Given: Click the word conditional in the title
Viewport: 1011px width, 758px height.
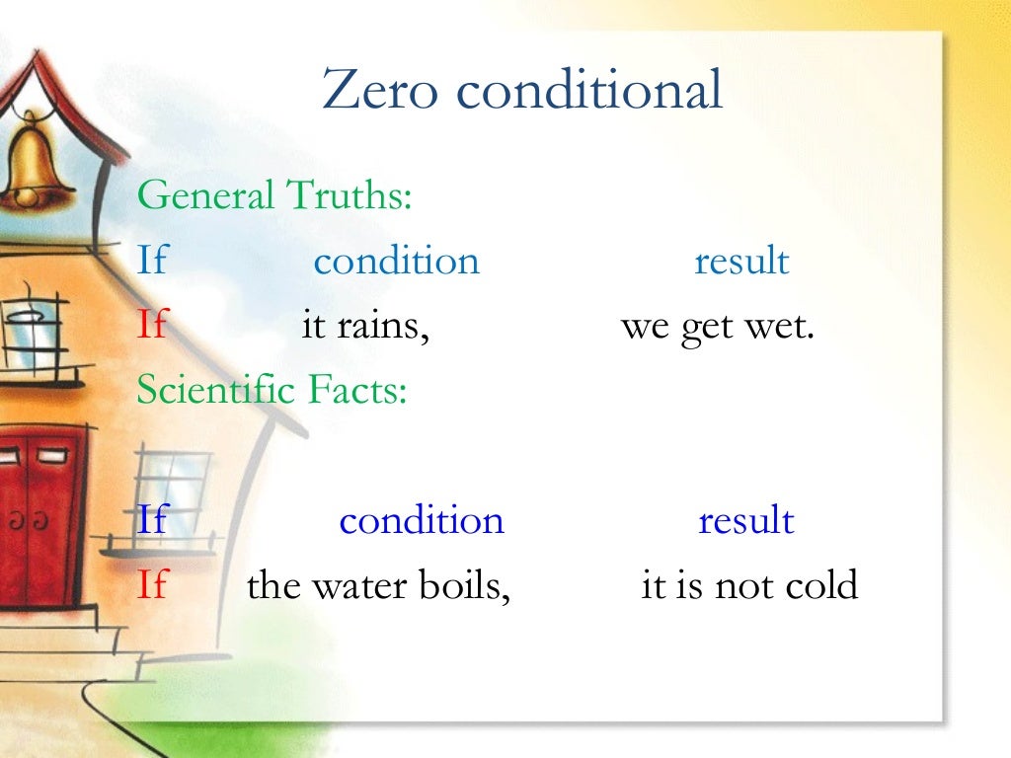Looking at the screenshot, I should [x=589, y=92].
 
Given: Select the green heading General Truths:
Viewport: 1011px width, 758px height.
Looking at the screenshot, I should [x=273, y=195].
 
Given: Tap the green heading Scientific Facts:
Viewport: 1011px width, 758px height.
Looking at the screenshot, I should [x=272, y=391].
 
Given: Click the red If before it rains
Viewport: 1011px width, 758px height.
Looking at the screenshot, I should [x=152, y=326].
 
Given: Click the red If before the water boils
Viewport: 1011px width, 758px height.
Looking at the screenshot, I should [x=152, y=586].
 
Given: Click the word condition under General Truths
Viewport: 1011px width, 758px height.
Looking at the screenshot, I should [x=396, y=262].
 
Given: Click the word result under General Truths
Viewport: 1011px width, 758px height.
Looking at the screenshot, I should [x=741, y=262].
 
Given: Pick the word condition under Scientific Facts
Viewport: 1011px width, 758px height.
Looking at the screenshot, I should [x=422, y=520].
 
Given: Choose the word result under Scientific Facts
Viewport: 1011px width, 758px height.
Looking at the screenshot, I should [x=745, y=520].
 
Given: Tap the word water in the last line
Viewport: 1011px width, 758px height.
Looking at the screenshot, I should [x=352, y=586].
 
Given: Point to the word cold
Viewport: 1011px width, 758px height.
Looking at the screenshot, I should [x=820, y=586].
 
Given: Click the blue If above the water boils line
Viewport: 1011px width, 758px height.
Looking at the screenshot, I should [x=152, y=520].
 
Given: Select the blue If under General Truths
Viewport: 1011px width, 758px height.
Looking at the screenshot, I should [x=152, y=262].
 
